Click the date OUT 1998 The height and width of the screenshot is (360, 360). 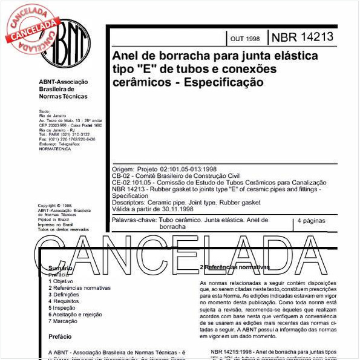pyautogui.click(x=245, y=39)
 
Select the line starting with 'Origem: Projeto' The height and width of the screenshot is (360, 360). pyautogui.click(x=165, y=168)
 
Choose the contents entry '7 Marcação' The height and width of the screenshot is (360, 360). pyautogui.click(x=62, y=321)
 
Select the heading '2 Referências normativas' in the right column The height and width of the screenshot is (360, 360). pyautogui.click(x=235, y=267)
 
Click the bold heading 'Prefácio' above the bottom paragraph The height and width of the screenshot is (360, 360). pyautogui.click(x=60, y=336)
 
